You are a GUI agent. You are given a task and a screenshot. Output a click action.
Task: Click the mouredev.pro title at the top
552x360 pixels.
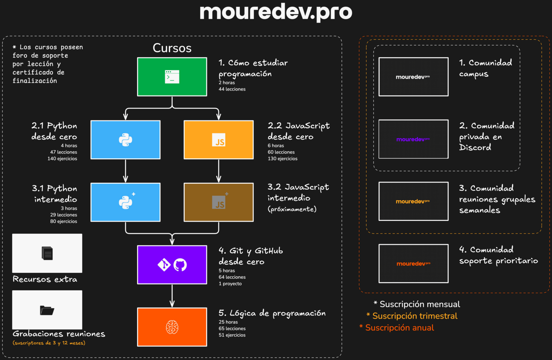(276, 13)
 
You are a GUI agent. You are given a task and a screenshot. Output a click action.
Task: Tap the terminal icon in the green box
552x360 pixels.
(172, 77)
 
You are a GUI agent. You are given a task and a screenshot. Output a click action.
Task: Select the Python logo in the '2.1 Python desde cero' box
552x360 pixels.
(126, 140)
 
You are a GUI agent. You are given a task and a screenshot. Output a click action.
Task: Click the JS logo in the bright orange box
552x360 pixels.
(219, 140)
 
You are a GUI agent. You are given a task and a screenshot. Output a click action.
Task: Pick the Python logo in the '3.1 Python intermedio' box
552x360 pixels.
(126, 202)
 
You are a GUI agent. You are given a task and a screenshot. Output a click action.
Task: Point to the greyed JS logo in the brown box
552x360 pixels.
(219, 202)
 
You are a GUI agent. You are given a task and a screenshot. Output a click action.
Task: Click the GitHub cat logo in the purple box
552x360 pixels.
(180, 265)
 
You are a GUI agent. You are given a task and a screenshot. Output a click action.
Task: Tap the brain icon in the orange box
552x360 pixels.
(172, 327)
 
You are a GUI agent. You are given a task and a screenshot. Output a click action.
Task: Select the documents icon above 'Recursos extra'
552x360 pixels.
(47, 253)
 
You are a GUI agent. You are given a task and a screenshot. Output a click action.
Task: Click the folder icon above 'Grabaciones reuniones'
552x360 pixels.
(47, 310)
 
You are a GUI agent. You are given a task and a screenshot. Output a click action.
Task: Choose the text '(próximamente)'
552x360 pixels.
(292, 209)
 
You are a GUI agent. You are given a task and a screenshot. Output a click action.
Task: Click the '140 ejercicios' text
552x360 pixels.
(62, 159)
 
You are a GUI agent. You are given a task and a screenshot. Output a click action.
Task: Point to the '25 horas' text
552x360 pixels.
(228, 322)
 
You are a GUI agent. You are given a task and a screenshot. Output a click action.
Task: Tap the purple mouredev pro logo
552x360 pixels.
(413, 139)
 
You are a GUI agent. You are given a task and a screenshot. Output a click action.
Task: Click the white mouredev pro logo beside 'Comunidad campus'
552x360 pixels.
(413, 77)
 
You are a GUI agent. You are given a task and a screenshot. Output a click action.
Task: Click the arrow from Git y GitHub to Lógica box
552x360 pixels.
(172, 296)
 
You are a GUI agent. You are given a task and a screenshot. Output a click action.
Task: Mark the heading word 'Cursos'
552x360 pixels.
(172, 48)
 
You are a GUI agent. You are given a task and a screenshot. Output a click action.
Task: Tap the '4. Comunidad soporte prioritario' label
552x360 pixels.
(498, 255)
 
